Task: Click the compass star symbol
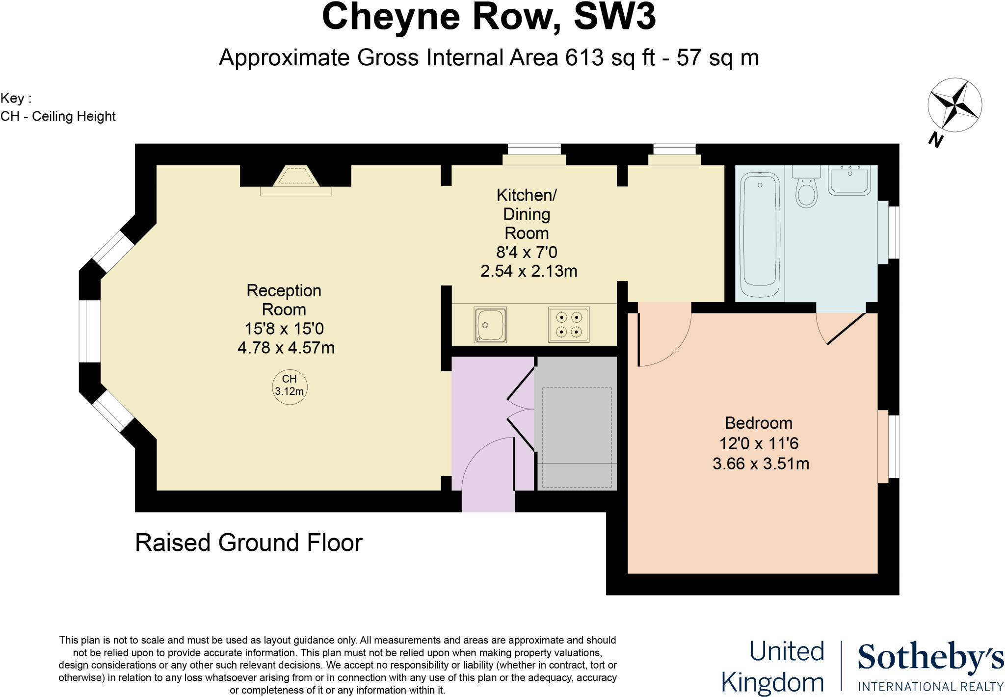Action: point(954,104)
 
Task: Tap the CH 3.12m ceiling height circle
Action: point(290,387)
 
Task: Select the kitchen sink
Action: point(490,325)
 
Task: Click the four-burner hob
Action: point(569,325)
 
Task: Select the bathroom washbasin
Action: point(849,180)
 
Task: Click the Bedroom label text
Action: point(759,423)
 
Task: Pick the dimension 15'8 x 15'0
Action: point(284,328)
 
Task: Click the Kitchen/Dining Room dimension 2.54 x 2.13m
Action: point(529,271)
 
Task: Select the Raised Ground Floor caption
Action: point(248,542)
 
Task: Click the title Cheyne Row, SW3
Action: point(488,17)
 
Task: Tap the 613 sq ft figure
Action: point(610,57)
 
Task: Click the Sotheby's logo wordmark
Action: point(930,658)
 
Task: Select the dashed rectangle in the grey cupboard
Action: point(577,437)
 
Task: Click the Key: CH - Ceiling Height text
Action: point(58,107)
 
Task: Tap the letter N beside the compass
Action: point(935,140)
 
